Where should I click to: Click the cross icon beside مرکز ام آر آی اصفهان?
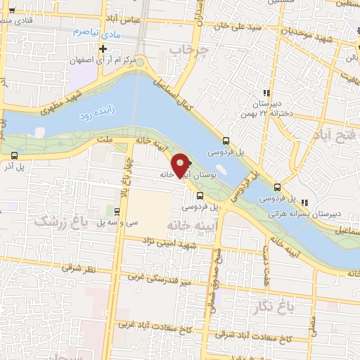point(103,49)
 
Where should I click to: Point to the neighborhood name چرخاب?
point(190,50)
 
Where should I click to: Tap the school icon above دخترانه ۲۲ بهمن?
point(266,93)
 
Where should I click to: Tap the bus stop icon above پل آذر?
point(14,155)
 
